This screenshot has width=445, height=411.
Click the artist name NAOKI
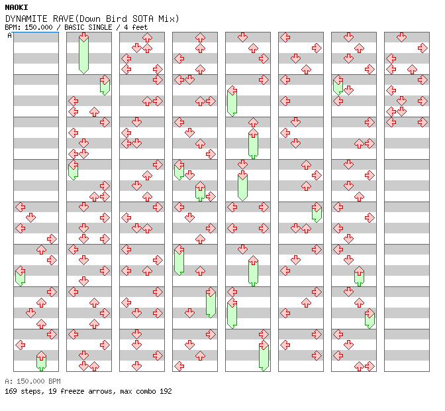click(x=16, y=7)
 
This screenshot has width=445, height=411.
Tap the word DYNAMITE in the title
click(x=26, y=19)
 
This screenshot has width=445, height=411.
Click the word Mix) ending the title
click(x=167, y=19)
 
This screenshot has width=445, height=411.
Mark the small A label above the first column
click(x=10, y=35)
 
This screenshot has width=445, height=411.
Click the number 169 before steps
click(x=11, y=391)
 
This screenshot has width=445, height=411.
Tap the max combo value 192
click(x=165, y=391)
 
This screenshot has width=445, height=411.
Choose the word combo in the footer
click(x=144, y=391)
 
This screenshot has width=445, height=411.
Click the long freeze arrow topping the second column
click(x=83, y=53)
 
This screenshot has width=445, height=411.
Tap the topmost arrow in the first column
click(x=20, y=207)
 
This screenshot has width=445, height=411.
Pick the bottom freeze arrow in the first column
click(x=41, y=360)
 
